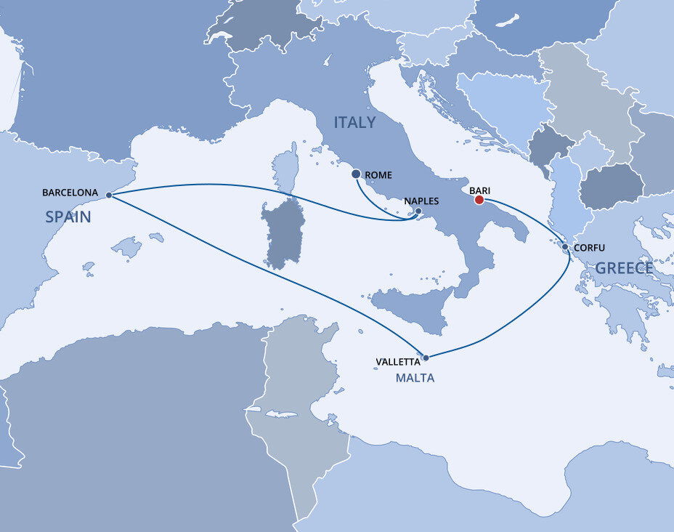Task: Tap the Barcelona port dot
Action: coord(109,195)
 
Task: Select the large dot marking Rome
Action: coord(356,174)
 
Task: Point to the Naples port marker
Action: coord(418,211)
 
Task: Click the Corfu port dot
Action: coord(565,247)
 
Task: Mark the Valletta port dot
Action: coord(426,358)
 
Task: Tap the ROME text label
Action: coord(379,175)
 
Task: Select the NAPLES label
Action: coord(421,201)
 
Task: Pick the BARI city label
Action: coord(481,190)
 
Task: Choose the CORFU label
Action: coord(589,248)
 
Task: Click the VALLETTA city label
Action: coord(398,361)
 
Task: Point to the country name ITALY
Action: coord(354,123)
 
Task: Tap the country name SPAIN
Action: coord(68,217)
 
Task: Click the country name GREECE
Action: coord(624,268)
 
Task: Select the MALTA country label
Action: coord(415,378)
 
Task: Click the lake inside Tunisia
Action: coord(280,414)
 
